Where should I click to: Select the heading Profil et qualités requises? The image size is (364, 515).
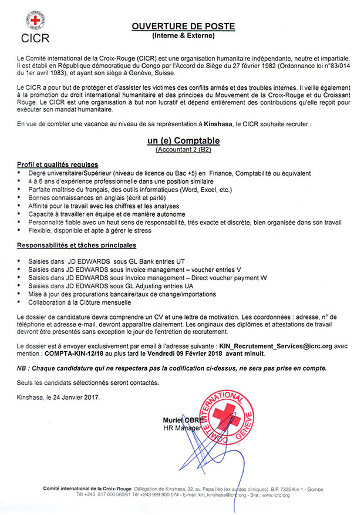coord(58,164)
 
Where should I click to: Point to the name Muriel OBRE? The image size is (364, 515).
coord(184,420)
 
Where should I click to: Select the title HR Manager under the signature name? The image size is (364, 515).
coord(181,428)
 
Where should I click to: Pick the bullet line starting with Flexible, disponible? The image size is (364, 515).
coord(86,232)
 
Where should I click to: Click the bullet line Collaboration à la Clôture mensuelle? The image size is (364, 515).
coord(80,302)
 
